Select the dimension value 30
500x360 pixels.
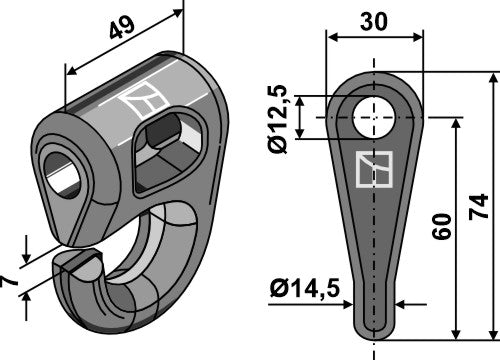click(x=376, y=20)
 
